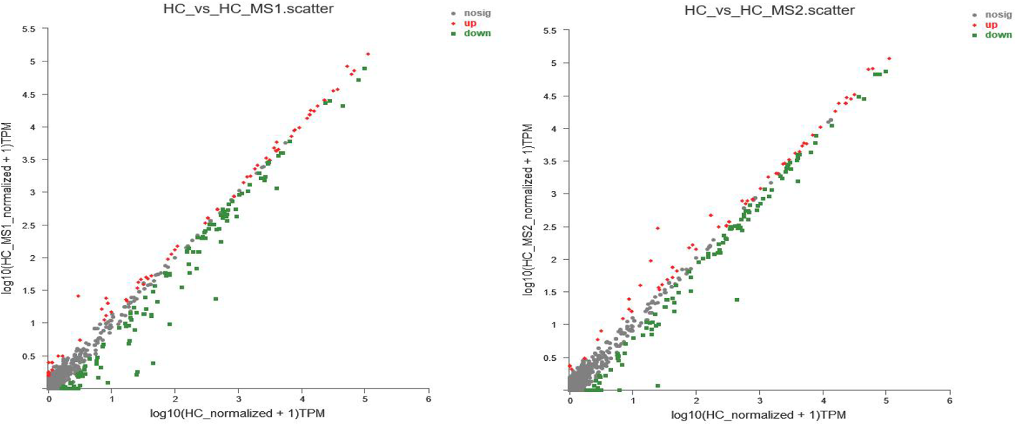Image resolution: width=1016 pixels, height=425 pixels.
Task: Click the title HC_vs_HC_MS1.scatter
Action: click(248, 9)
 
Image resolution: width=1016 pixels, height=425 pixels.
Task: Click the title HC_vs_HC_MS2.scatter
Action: click(769, 10)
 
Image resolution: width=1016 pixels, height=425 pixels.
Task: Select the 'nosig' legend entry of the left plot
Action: click(477, 13)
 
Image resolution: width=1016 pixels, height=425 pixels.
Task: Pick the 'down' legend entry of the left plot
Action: click(477, 33)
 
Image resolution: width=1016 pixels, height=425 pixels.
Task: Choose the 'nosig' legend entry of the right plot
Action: click(998, 15)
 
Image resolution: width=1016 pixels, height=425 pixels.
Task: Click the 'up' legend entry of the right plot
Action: click(991, 25)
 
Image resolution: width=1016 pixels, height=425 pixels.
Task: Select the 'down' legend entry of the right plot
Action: click(998, 35)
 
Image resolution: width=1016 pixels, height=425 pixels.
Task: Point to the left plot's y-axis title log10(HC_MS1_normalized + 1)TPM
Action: click(7, 208)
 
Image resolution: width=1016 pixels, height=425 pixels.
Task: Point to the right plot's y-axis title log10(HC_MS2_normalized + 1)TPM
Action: click(527, 210)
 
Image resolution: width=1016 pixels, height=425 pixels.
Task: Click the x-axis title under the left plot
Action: click(237, 414)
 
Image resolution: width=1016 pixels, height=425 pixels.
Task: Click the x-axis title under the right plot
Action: click(759, 415)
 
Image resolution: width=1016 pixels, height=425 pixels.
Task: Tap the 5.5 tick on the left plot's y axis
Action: click(29, 29)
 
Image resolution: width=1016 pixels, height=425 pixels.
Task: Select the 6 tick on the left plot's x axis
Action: click(428, 399)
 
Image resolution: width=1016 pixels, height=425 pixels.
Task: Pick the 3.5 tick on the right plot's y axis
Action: click(549, 162)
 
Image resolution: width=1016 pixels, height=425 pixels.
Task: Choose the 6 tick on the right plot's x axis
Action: click(949, 401)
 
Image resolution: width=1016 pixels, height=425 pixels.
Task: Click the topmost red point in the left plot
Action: click(368, 54)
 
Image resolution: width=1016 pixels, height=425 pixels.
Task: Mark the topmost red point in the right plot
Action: click(889, 59)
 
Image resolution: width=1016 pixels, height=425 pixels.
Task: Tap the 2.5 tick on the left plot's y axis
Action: click(29, 225)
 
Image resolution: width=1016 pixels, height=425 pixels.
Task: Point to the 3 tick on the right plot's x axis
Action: click(760, 401)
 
